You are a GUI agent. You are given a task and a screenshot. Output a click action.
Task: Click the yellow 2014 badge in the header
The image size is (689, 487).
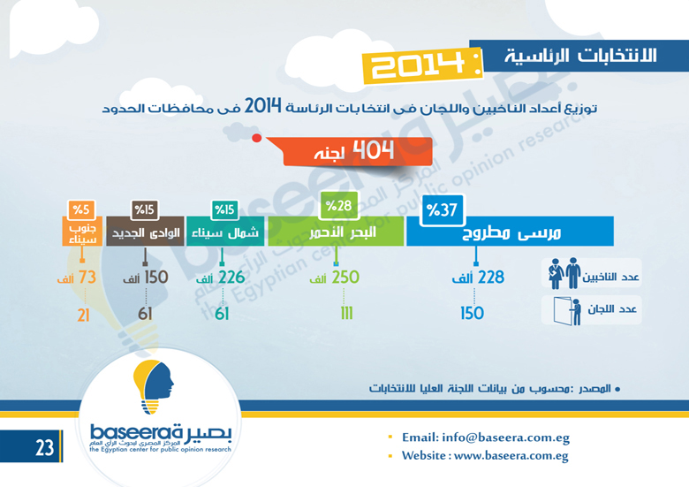point(423,65)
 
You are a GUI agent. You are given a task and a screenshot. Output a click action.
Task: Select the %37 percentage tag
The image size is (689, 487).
point(442,210)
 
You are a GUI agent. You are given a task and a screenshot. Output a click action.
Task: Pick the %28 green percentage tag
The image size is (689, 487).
point(338,205)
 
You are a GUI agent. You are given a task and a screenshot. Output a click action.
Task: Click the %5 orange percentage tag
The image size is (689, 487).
point(81,209)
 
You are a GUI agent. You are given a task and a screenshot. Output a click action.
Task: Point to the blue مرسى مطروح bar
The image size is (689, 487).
point(510,232)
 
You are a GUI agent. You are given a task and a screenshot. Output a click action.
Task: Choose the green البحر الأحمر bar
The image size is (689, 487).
point(336,232)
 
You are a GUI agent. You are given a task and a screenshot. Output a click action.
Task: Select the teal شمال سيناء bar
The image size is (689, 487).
point(225,232)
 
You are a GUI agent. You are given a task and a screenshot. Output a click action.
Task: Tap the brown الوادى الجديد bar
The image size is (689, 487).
point(145,232)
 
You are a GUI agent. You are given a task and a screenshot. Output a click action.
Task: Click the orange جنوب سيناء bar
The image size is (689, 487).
point(82,232)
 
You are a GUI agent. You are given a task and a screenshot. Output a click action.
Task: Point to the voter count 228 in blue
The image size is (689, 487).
point(491,278)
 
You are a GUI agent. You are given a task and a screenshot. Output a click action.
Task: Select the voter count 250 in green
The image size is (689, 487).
point(345,278)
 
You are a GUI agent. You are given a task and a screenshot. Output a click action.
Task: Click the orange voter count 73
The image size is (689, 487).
point(87,278)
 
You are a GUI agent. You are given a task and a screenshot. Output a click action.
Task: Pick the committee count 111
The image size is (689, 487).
point(346,314)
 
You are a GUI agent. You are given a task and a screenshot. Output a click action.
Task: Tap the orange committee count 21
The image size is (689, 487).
point(84,315)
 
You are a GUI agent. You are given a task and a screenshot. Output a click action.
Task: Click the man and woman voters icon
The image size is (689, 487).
point(564,273)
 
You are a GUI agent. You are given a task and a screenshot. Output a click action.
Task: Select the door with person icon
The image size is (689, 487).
point(567,311)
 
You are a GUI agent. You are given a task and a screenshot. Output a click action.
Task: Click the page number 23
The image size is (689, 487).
point(44,447)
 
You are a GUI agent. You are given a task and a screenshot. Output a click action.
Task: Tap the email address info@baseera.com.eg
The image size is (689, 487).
point(506,438)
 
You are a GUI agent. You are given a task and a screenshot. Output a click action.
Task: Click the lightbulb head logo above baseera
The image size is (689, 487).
point(153,387)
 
